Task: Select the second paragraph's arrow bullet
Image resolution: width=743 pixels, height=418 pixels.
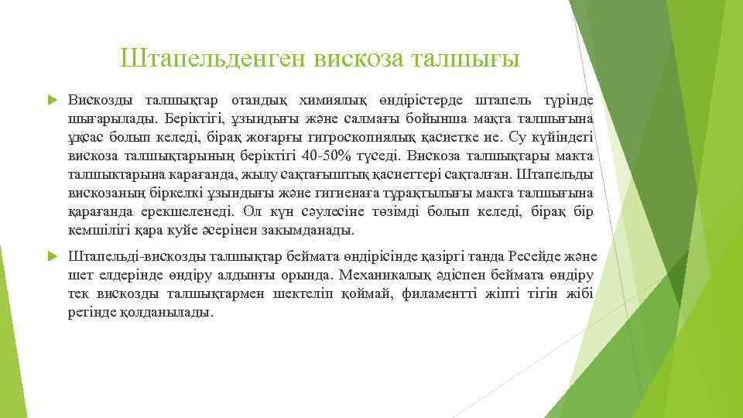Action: click(52, 257)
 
